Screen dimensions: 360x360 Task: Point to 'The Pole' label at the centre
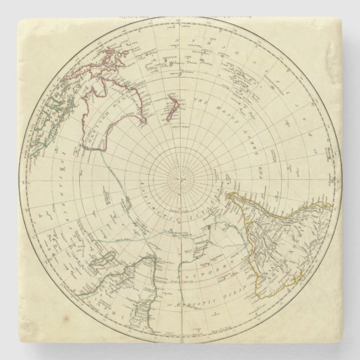pos(179,178)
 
